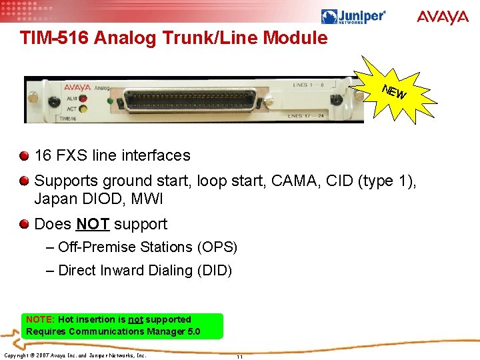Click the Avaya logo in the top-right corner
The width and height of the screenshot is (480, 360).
click(443, 17)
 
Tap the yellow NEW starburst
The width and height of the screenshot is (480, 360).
click(396, 93)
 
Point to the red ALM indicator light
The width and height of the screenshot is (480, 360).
click(83, 97)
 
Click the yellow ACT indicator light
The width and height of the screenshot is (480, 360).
click(83, 108)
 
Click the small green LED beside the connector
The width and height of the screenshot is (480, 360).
click(110, 101)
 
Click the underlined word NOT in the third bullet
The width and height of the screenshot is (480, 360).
click(93, 224)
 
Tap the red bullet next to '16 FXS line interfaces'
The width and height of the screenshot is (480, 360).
click(25, 156)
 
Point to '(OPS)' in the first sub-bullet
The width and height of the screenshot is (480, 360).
click(217, 247)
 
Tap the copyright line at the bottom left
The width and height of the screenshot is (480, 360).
click(75, 355)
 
